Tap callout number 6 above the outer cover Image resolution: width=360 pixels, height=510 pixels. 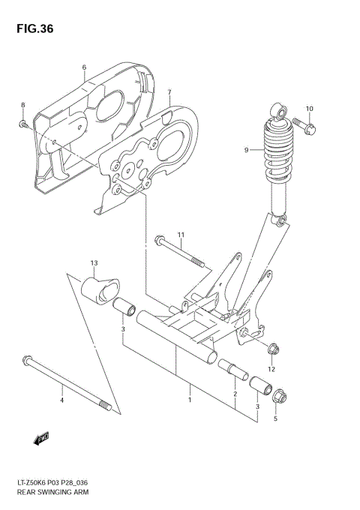(x=84, y=67)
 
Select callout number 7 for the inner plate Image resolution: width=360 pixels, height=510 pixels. (x=169, y=92)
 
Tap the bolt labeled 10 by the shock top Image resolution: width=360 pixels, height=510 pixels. (x=304, y=124)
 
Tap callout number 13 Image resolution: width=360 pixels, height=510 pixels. (x=94, y=263)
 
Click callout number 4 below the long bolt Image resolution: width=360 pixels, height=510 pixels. (x=61, y=400)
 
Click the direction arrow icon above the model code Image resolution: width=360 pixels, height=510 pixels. (x=42, y=437)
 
